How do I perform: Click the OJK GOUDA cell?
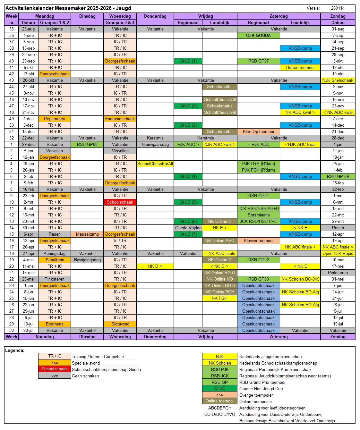[x=258, y=35]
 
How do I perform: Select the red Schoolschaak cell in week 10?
[x=120, y=202]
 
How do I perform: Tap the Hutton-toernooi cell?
[x=300, y=67]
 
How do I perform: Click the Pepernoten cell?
[x=55, y=119]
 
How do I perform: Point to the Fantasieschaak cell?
[x=120, y=119]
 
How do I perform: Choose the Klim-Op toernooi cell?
[x=258, y=131]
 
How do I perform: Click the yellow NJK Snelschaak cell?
[x=338, y=80]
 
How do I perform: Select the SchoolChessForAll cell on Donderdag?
[x=155, y=164]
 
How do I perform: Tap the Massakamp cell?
[x=87, y=234]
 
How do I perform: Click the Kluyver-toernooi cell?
[x=258, y=240]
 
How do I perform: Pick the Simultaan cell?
[x=55, y=260]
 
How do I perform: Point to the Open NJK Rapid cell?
[x=338, y=253]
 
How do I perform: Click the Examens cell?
[x=55, y=324]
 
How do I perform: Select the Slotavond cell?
[x=120, y=324]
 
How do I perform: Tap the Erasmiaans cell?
[x=258, y=215]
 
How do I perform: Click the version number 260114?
[x=338, y=8]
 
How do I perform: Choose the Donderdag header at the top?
[x=155, y=16]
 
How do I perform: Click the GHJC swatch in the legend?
[x=219, y=388]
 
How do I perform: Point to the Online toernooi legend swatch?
[x=219, y=401]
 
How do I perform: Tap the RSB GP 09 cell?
[x=338, y=176]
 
